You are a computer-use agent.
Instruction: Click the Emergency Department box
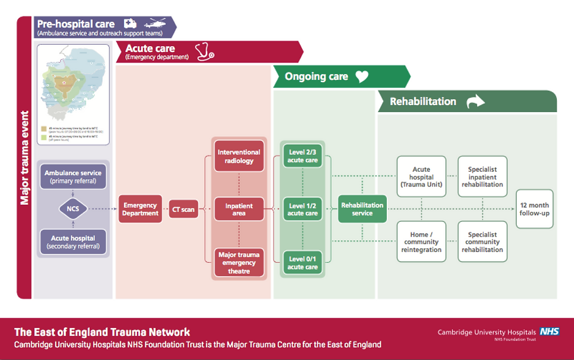click(x=140, y=209)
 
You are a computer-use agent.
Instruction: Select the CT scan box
click(x=183, y=209)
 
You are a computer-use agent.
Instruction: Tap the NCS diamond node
click(x=73, y=208)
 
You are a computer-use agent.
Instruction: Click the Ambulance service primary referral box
click(x=73, y=176)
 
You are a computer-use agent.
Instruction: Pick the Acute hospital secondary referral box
click(x=73, y=241)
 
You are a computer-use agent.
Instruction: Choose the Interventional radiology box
click(x=239, y=156)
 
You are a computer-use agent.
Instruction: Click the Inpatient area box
click(x=239, y=210)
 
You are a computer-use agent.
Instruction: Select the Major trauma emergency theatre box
click(x=239, y=263)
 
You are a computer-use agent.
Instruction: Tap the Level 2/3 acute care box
click(x=302, y=156)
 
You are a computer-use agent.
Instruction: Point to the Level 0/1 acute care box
click(x=302, y=263)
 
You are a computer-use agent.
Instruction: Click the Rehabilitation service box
click(x=362, y=209)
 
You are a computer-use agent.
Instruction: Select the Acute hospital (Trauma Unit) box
click(x=421, y=176)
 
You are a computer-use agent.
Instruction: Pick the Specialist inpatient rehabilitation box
click(x=482, y=176)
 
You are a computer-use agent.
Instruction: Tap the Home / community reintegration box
click(x=421, y=241)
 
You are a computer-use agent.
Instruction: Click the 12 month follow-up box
click(x=534, y=209)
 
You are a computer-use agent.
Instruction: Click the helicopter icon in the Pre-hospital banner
click(x=155, y=24)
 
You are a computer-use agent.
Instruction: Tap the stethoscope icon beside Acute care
click(x=205, y=51)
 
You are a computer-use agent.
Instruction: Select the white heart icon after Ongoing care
click(x=361, y=77)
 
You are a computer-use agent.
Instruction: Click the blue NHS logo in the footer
click(x=549, y=332)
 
